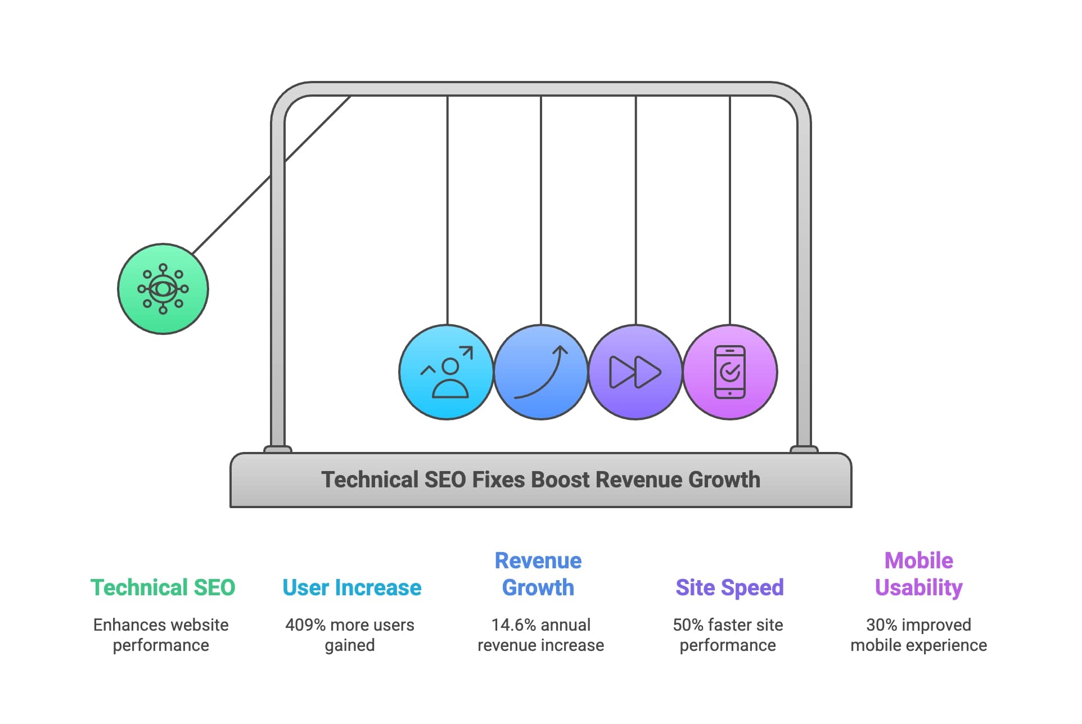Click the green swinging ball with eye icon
[163, 289]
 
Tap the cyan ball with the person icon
[447, 372]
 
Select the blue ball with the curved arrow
[541, 372]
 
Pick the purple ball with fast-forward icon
[635, 372]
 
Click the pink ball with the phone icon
[730, 372]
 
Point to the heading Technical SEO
[163, 587]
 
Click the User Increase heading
[351, 587]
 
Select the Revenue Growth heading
[538, 574]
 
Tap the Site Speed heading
[729, 587]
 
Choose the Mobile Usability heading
[918, 574]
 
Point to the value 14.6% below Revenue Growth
[511, 625]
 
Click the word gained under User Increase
[350, 645]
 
